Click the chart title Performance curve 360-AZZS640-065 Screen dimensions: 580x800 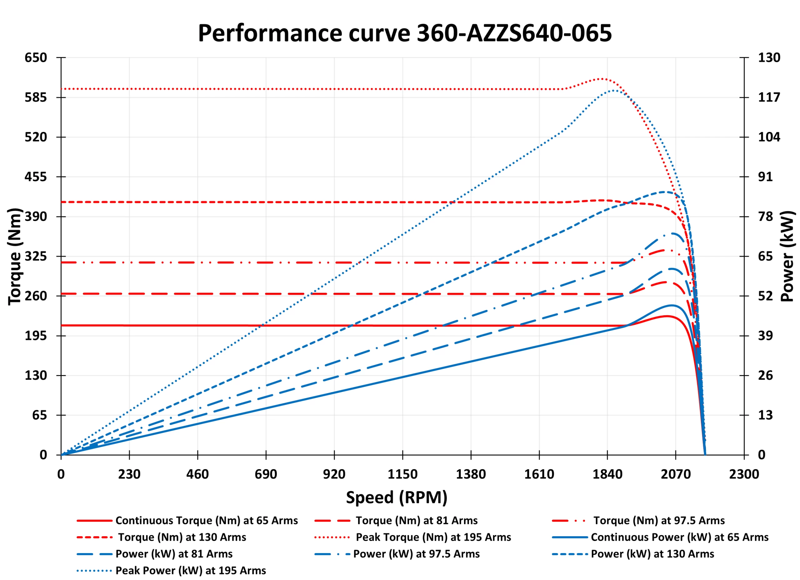tap(405, 33)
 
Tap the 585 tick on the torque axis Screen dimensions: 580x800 tap(36, 97)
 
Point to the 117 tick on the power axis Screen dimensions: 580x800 tap(769, 97)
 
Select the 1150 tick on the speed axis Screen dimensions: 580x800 tap(402, 474)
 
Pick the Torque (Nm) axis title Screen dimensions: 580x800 tap(15, 257)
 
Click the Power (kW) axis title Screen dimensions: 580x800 tap(787, 257)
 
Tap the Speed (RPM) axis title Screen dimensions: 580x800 tap(397, 497)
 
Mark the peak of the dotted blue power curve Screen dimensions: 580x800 tap(614, 91)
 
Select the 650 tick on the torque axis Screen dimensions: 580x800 tap(36, 57)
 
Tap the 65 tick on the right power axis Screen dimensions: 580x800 tap(765, 257)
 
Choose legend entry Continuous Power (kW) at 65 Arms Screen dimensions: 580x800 tap(679, 537)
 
